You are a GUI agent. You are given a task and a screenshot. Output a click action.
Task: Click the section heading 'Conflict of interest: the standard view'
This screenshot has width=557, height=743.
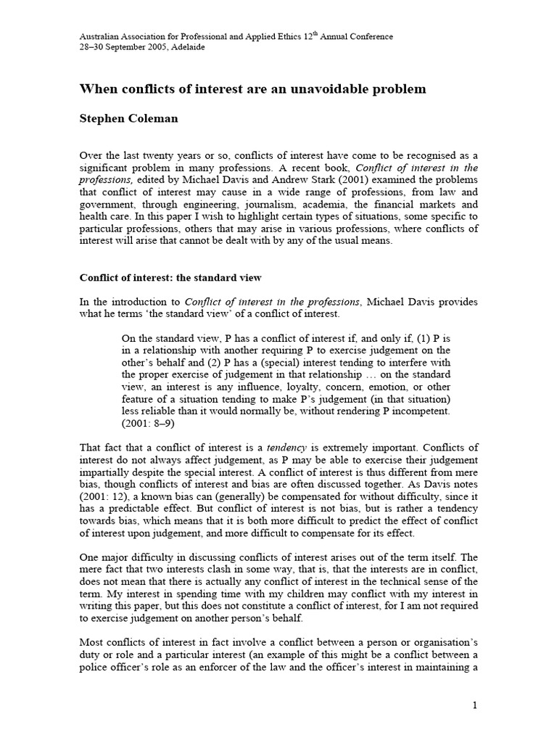pyautogui.click(x=170, y=277)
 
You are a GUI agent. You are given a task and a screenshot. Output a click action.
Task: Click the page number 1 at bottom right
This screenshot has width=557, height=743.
pyautogui.click(x=474, y=706)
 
